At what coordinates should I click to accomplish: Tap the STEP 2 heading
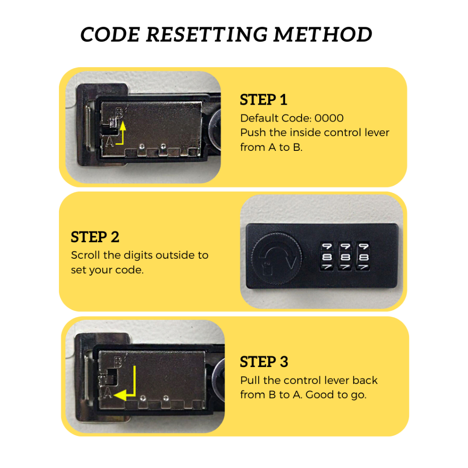click(x=95, y=237)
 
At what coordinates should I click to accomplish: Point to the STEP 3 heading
click(x=264, y=362)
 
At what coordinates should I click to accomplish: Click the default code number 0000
click(x=329, y=118)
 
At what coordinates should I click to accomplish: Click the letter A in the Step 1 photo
click(x=110, y=142)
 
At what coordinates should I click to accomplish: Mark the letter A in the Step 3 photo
click(x=108, y=393)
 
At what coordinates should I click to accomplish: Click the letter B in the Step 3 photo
click(x=118, y=362)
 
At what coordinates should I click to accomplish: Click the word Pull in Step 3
click(x=250, y=380)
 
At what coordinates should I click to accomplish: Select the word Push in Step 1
click(x=251, y=133)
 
